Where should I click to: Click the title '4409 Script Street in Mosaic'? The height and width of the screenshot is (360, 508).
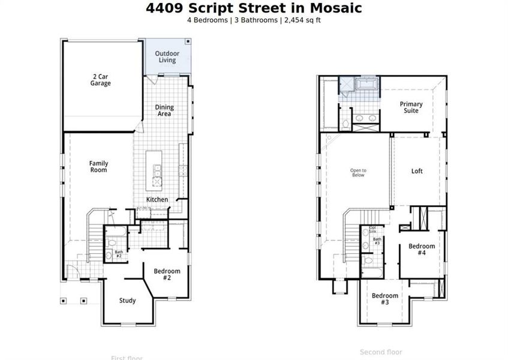click(x=254, y=8)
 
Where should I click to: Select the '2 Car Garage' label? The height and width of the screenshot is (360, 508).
click(x=101, y=80)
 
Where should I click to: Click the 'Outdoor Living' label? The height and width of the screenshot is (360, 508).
click(x=167, y=56)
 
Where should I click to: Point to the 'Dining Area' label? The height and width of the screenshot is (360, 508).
click(x=165, y=110)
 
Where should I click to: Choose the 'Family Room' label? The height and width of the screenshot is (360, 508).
click(x=98, y=166)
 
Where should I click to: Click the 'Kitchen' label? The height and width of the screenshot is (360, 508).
click(x=158, y=199)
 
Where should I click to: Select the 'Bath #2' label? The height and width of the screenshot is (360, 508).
click(x=119, y=254)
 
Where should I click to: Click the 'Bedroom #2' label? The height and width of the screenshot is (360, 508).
click(x=167, y=274)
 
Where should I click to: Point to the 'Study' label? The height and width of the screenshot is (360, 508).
click(x=127, y=301)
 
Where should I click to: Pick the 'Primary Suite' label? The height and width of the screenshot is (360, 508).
click(x=411, y=107)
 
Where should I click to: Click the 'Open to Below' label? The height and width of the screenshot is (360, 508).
click(x=358, y=173)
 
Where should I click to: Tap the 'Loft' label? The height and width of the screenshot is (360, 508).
click(x=417, y=171)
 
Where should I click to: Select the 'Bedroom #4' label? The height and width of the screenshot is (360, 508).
click(x=422, y=249)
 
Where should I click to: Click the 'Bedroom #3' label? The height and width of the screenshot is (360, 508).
click(x=384, y=298)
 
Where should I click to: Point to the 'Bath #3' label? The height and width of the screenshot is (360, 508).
click(x=377, y=241)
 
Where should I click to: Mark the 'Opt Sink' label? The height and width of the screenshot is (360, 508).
click(x=372, y=229)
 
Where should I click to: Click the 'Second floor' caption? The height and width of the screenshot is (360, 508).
click(x=381, y=352)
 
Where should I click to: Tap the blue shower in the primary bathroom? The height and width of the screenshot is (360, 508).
click(x=347, y=86)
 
